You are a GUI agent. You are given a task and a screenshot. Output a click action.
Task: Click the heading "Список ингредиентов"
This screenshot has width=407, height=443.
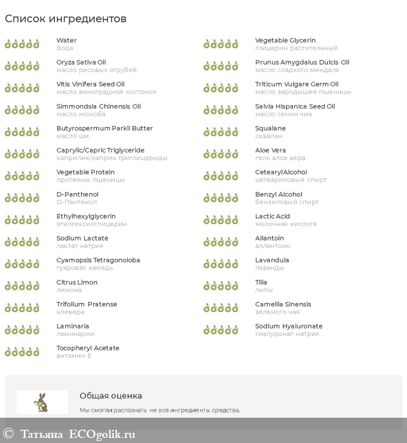(x=66, y=19)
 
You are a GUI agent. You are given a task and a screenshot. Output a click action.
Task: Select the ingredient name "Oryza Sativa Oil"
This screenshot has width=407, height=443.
(x=81, y=62)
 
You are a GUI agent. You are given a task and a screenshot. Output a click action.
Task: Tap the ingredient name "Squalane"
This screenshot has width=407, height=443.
(x=270, y=128)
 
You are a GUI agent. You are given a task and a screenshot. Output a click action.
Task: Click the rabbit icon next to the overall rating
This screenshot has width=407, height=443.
(x=42, y=402)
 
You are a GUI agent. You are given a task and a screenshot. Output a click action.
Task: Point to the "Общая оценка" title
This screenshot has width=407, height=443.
(x=111, y=396)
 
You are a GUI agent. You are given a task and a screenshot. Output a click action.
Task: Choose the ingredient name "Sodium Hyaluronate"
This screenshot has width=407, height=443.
(x=289, y=326)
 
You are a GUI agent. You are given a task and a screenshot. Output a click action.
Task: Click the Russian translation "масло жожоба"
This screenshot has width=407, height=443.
(x=80, y=114)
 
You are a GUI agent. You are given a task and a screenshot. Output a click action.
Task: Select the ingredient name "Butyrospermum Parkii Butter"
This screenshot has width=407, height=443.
(x=104, y=128)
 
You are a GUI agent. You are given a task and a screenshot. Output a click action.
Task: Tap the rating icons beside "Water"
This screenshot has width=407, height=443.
(x=22, y=44)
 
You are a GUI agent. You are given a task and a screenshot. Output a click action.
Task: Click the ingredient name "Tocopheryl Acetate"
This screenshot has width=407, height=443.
(x=87, y=348)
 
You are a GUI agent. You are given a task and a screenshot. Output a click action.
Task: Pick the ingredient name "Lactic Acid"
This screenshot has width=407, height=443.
(x=272, y=216)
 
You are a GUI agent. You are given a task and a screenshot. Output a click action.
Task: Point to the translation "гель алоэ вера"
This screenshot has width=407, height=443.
(x=280, y=158)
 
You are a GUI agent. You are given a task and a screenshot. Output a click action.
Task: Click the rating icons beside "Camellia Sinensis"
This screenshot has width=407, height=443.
(x=221, y=308)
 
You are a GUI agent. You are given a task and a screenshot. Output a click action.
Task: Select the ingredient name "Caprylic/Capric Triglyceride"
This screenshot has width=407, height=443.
(x=100, y=150)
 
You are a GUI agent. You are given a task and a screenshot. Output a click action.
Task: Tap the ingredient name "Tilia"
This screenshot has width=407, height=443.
(x=261, y=282)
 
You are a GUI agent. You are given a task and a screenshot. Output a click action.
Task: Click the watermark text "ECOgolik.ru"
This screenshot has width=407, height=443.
(x=102, y=434)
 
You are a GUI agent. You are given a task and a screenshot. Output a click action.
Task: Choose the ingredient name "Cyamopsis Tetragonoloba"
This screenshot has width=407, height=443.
(x=98, y=260)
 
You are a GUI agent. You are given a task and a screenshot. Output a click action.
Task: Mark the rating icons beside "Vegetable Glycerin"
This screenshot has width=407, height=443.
(x=221, y=44)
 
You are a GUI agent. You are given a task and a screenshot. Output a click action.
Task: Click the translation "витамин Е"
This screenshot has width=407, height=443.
(x=73, y=356)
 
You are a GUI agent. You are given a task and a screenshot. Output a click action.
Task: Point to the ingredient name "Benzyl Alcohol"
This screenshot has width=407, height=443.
(x=279, y=194)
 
